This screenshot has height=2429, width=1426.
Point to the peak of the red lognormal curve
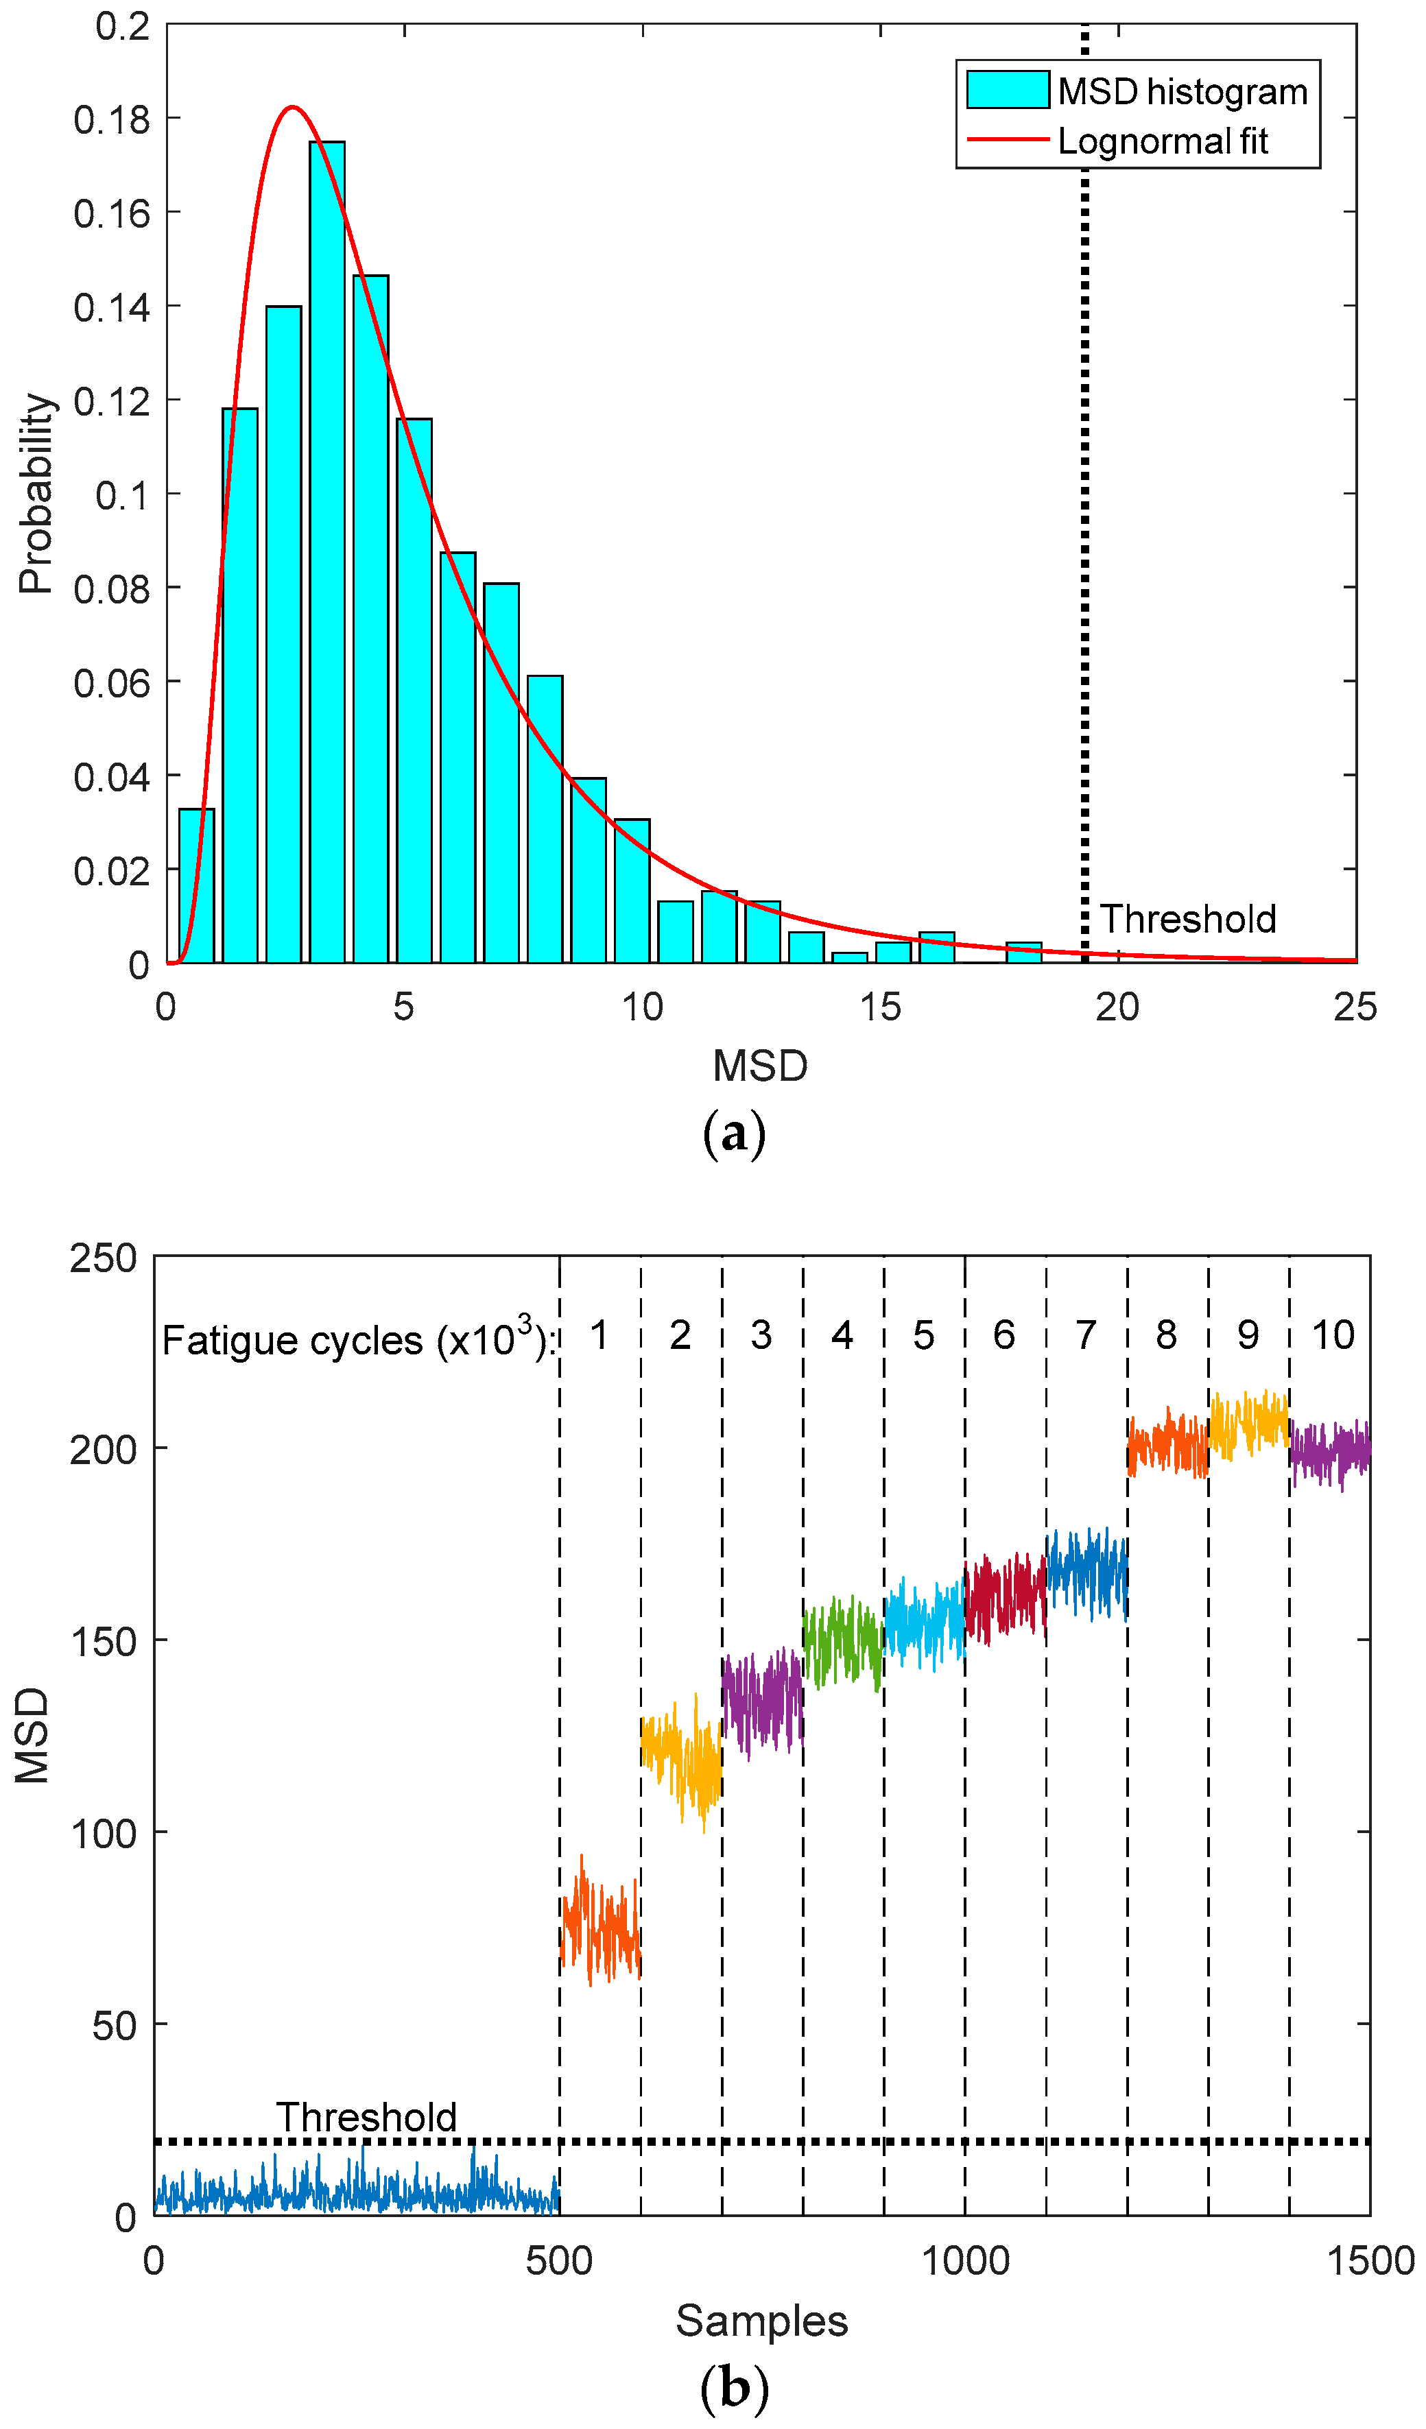(292, 107)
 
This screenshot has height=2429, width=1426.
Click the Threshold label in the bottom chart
(366, 2117)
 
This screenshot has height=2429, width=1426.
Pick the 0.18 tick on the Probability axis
(112, 119)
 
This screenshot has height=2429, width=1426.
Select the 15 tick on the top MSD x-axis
(879, 1007)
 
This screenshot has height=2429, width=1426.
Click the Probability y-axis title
(36, 494)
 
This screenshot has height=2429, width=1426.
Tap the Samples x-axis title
(761, 2321)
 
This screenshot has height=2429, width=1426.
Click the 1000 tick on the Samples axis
(965, 2261)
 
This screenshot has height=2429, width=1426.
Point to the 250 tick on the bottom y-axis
(102, 1258)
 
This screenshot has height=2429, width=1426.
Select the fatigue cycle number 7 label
(1086, 1336)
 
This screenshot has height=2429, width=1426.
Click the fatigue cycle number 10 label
(1333, 1336)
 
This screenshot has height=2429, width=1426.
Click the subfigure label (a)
(734, 1134)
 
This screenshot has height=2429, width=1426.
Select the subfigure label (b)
(734, 2389)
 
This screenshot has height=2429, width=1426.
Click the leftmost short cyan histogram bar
(197, 885)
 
